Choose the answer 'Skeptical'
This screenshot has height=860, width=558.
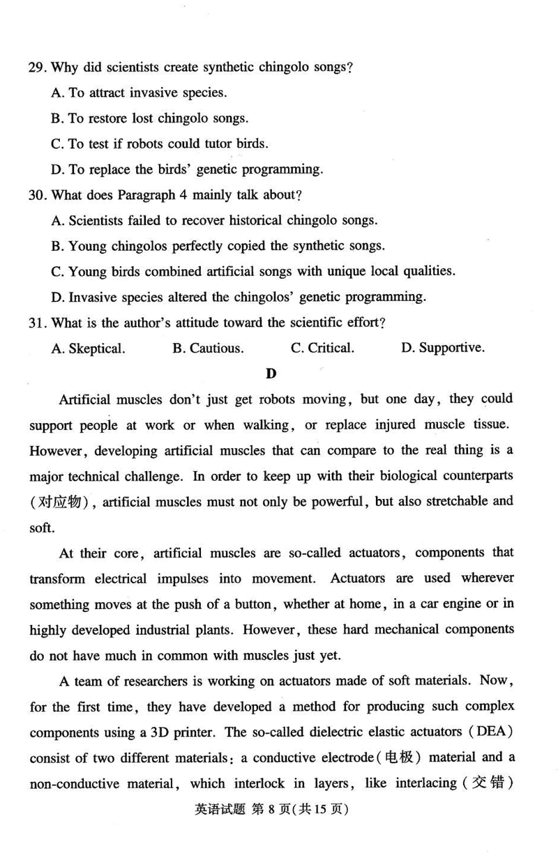click(89, 348)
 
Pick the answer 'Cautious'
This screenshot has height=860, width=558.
click(208, 348)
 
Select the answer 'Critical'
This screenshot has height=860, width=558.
click(322, 348)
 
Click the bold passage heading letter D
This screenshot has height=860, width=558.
click(271, 374)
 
